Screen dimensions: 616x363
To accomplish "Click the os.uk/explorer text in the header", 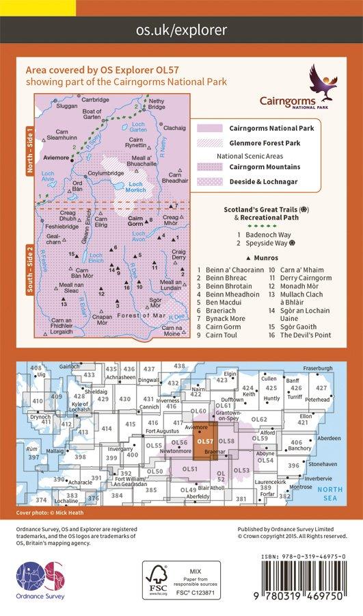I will (181, 30).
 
